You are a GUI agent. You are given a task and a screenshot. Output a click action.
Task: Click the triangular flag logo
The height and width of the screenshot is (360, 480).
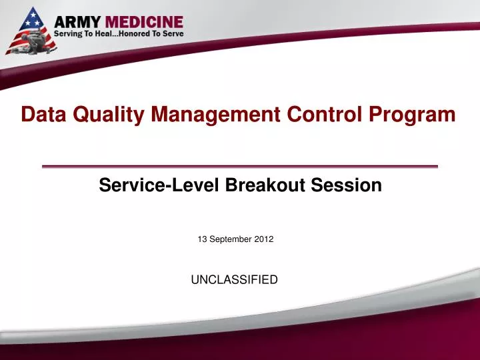tap(27, 30)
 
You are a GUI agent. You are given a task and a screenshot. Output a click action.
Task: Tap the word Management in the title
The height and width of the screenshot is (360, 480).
tap(214, 115)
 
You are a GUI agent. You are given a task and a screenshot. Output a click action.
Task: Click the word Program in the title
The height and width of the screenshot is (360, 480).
tap(415, 115)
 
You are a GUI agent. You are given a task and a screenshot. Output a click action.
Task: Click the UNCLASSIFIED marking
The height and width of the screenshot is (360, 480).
tap(234, 280)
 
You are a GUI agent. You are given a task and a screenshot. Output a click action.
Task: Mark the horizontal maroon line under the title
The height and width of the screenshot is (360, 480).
tap(240, 166)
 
